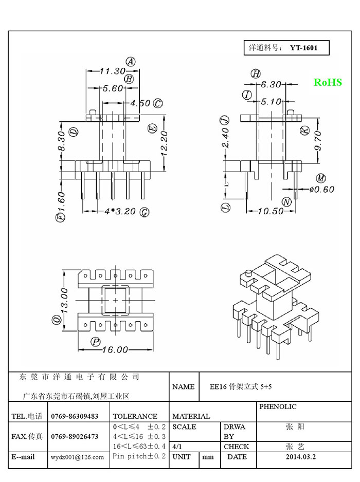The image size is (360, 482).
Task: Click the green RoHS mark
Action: [x=328, y=82]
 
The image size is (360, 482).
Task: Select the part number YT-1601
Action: [x=304, y=48]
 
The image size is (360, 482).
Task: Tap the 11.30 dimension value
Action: [x=113, y=71]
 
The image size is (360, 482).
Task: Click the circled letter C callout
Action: [x=158, y=103]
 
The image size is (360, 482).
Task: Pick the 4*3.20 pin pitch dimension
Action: [x=120, y=212]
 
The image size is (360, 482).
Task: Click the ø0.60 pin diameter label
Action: [x=322, y=189]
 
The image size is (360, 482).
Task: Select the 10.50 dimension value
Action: [x=271, y=211]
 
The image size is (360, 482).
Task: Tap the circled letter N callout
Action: [x=287, y=202]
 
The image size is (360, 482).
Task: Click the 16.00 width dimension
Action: [x=115, y=349]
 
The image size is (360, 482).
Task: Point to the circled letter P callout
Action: [x=95, y=342]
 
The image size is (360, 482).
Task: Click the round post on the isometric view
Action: [x=248, y=273]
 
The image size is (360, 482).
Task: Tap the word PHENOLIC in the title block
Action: [x=278, y=406]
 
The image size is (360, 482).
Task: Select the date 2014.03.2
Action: [x=301, y=457]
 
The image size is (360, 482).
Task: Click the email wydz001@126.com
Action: [x=77, y=457]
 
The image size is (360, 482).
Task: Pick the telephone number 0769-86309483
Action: [x=75, y=417]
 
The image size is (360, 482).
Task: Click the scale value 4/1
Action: [x=177, y=447]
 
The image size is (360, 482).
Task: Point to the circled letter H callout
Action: [x=256, y=74]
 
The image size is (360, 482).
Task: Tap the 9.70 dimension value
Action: [x=318, y=141]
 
